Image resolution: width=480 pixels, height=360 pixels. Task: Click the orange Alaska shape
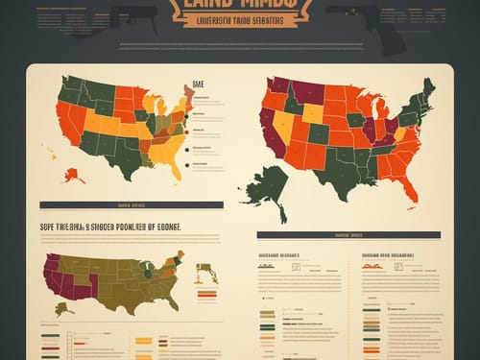73,175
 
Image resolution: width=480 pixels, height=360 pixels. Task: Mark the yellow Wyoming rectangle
313,112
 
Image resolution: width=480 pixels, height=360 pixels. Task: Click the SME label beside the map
199,84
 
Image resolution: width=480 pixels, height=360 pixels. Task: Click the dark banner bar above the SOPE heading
131,204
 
